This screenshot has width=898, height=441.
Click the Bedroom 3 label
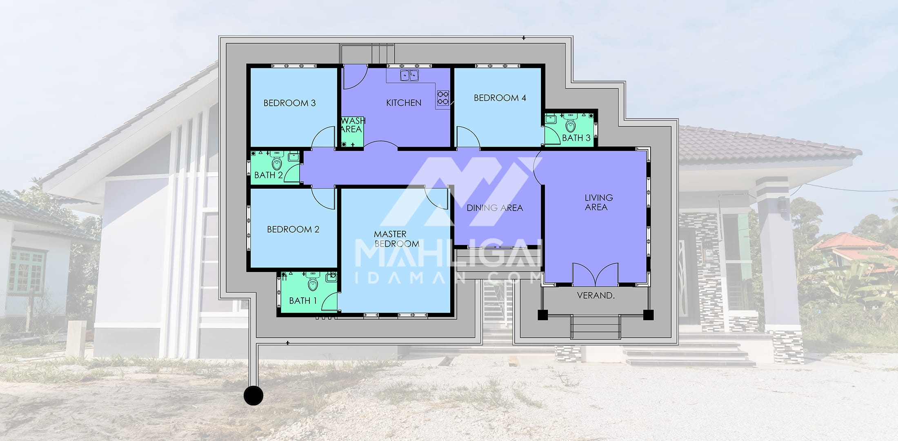tap(289, 103)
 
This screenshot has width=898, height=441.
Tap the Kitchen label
tap(404, 103)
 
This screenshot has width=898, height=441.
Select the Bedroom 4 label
tap(500, 98)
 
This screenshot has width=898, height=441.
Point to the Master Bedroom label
tap(396, 239)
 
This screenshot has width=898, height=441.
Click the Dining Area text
tap(495, 208)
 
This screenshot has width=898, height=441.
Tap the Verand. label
tap(596, 295)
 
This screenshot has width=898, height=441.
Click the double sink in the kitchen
tap(409, 76)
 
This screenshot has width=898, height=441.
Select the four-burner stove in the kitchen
tap(443, 98)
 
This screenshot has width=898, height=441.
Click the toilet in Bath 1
tap(313, 283)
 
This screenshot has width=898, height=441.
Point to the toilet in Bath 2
tap(277, 163)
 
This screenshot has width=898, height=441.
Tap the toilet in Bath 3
tap(571, 124)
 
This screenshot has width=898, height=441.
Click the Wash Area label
tap(353, 125)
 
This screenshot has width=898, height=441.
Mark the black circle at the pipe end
tap(253, 395)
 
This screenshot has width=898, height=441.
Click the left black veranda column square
tap(542, 315)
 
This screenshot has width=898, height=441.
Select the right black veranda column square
tap(648, 315)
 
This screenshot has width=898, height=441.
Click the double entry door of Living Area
tap(596, 274)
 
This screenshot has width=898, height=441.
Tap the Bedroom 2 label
tap(293, 229)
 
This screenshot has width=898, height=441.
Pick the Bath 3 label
tap(576, 138)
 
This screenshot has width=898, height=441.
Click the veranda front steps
tap(596, 327)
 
